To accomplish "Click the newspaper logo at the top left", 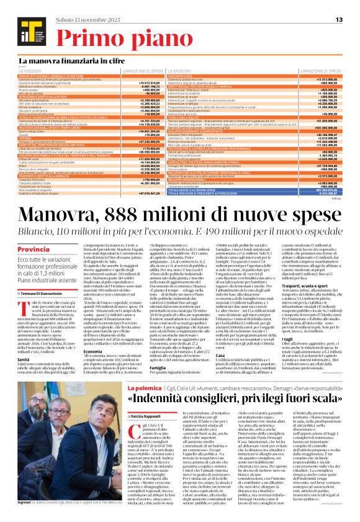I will [x=25, y=21].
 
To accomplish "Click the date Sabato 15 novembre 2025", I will [x=75, y=8].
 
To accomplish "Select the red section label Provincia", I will [x=34, y=249].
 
